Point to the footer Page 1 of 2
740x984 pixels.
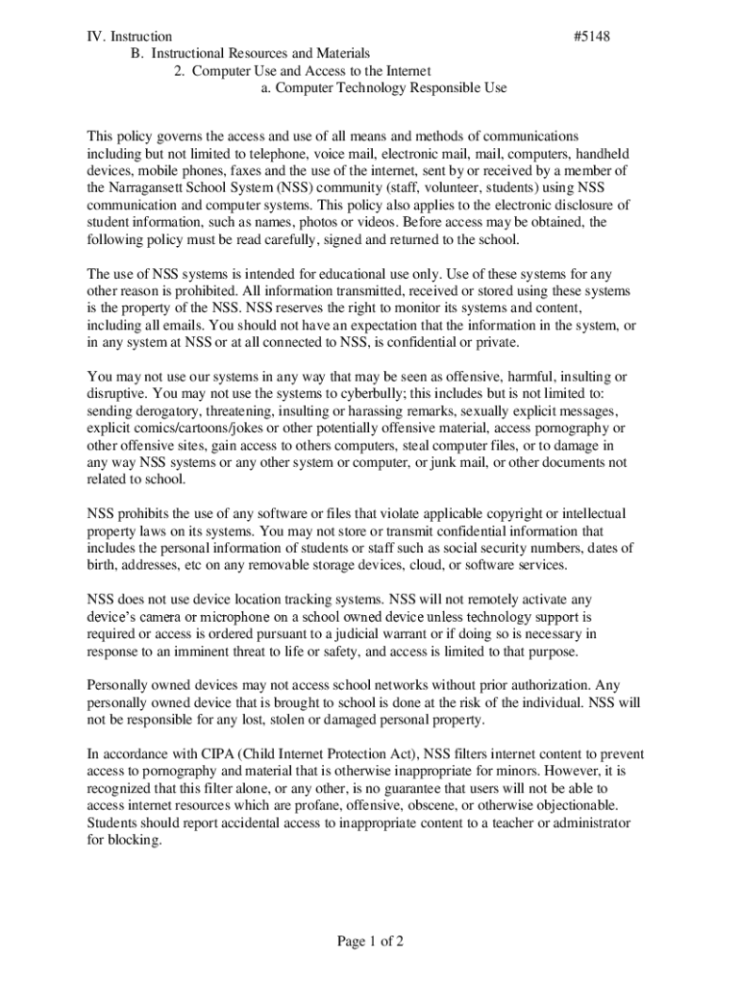point(370,942)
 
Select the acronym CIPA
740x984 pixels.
point(200,754)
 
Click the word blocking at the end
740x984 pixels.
point(135,841)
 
